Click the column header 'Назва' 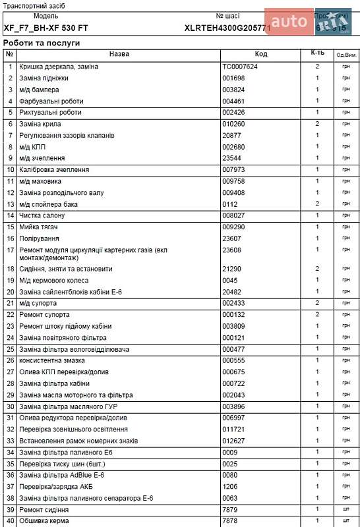pos(119,54)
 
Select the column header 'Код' pos(261,54)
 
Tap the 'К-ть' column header pos(317,54)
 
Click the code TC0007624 pos(240,67)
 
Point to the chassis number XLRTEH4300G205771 pos(227,28)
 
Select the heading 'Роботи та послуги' pos(42,42)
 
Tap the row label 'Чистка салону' pos(45,215)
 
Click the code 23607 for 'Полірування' pos(232,238)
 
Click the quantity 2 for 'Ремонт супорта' pos(317,315)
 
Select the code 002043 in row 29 pos(233,395)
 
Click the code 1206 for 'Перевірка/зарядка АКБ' pos(229,487)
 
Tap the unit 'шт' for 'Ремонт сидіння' pos(346,510)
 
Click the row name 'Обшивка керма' pos(44,522)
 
